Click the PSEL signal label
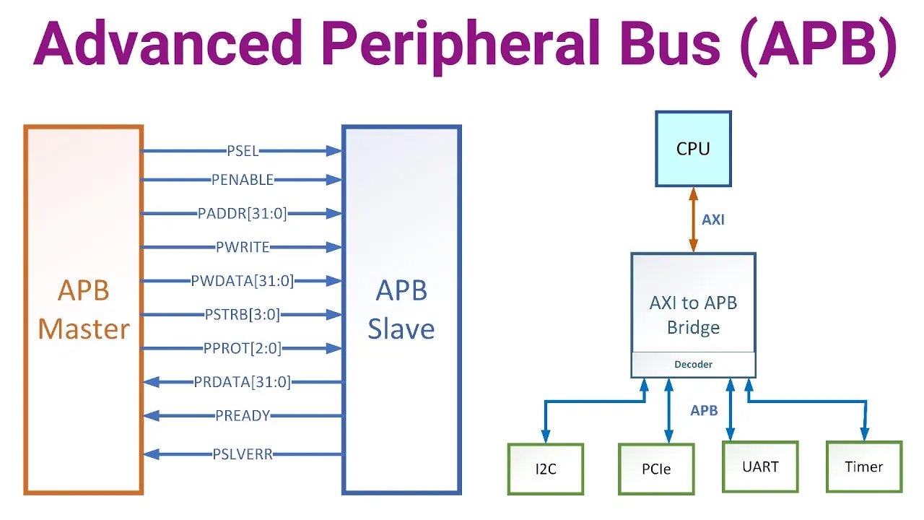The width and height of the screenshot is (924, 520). coord(242,151)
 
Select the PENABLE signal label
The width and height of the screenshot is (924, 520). coord(242,179)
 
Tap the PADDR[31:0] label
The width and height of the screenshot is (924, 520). coord(242,213)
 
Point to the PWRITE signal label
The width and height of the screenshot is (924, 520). coord(242,247)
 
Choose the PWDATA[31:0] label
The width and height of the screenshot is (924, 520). coord(242,280)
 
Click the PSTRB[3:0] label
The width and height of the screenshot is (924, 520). coord(242,314)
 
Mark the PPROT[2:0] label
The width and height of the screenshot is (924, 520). coord(242,348)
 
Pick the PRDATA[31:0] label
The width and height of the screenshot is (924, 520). coord(242,382)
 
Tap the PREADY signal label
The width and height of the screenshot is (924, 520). coord(242,415)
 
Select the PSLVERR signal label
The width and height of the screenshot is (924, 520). coord(242,454)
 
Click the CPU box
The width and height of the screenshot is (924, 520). coord(693,149)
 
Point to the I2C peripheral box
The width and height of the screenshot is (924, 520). coord(545,469)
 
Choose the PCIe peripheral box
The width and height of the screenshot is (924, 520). coord(655,469)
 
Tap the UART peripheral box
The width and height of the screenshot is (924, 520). coord(761,467)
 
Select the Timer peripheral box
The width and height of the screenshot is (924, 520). coord(864,467)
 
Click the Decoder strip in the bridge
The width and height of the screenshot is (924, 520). coord(693,365)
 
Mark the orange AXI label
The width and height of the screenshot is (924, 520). coord(713,220)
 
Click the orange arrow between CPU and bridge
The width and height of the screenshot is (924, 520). coord(693,220)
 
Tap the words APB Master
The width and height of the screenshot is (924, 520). coord(83,310)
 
